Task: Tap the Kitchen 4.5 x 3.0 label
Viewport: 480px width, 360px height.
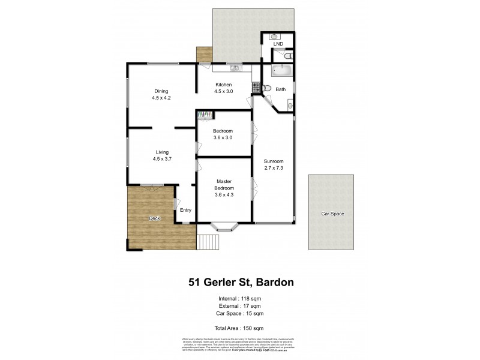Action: pos(224,88)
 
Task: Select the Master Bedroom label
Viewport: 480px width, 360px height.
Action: pos(224,185)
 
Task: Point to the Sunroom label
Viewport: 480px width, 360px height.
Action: pos(273,165)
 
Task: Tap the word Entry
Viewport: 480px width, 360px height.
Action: pos(186,209)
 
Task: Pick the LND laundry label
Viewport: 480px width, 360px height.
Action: pos(278,44)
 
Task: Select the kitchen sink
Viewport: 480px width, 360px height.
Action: pos(233,65)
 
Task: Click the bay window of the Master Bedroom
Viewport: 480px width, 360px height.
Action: pos(224,227)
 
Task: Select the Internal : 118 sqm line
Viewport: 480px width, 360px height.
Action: pos(239,298)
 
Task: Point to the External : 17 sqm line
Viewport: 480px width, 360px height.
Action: pos(239,306)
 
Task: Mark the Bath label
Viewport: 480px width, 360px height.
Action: pos(281,89)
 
